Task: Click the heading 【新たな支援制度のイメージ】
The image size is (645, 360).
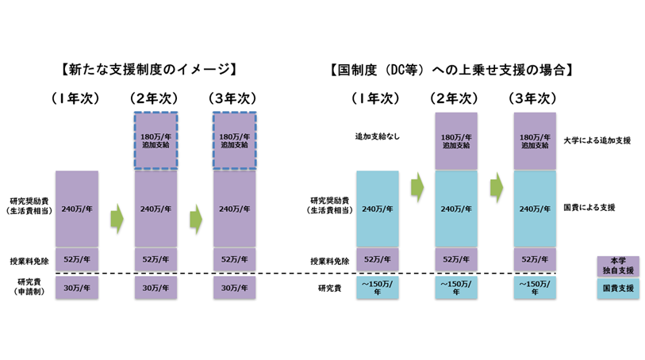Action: (x=150, y=69)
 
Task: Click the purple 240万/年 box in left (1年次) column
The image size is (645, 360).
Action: (x=77, y=209)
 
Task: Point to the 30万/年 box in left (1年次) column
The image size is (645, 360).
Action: (x=77, y=288)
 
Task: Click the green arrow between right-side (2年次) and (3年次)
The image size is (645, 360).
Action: (x=497, y=187)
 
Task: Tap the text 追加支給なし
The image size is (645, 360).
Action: (x=377, y=136)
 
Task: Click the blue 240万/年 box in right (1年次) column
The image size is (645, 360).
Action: (x=377, y=209)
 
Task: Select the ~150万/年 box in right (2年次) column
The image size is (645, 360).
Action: (x=456, y=287)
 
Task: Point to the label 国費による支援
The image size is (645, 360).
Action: (x=589, y=208)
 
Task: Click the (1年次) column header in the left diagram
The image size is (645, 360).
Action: (x=77, y=98)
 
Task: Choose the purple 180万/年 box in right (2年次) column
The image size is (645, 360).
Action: (x=456, y=140)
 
